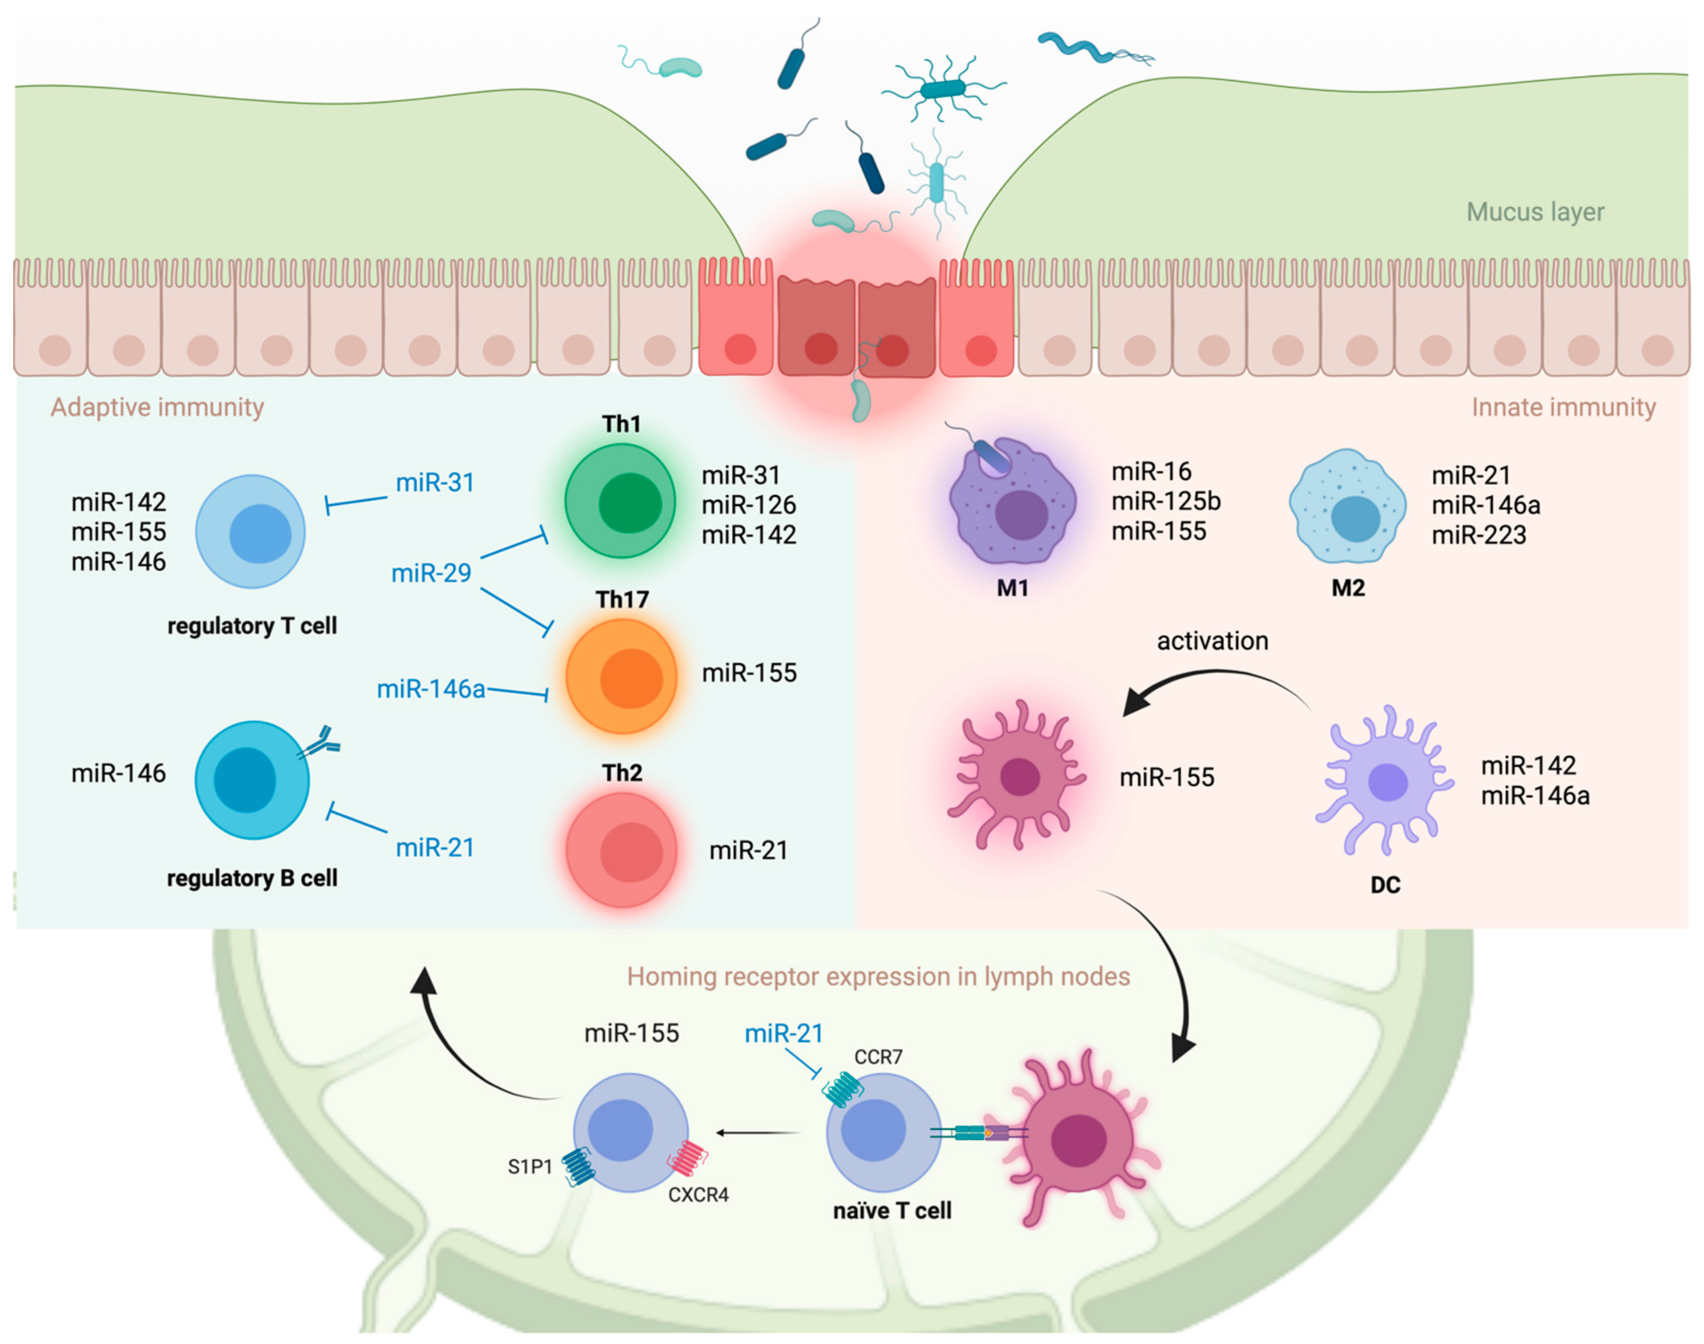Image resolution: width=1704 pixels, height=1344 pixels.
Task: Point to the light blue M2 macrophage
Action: coord(1347,508)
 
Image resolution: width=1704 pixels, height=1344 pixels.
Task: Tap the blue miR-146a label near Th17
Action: coord(431,689)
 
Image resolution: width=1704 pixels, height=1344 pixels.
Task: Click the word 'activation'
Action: coord(1212,641)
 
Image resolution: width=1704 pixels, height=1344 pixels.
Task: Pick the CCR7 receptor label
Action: coord(878,1057)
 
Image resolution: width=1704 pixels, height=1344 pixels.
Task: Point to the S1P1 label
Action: coord(530,1166)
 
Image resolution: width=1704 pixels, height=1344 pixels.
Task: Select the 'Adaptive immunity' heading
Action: coord(157,408)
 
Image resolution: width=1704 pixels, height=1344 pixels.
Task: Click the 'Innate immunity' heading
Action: coord(1563,408)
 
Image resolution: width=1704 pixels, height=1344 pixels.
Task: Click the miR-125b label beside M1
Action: coord(1166,501)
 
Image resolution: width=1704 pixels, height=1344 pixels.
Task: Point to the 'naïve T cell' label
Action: coord(892,1210)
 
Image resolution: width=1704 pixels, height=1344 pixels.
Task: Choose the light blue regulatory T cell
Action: coord(250,532)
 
